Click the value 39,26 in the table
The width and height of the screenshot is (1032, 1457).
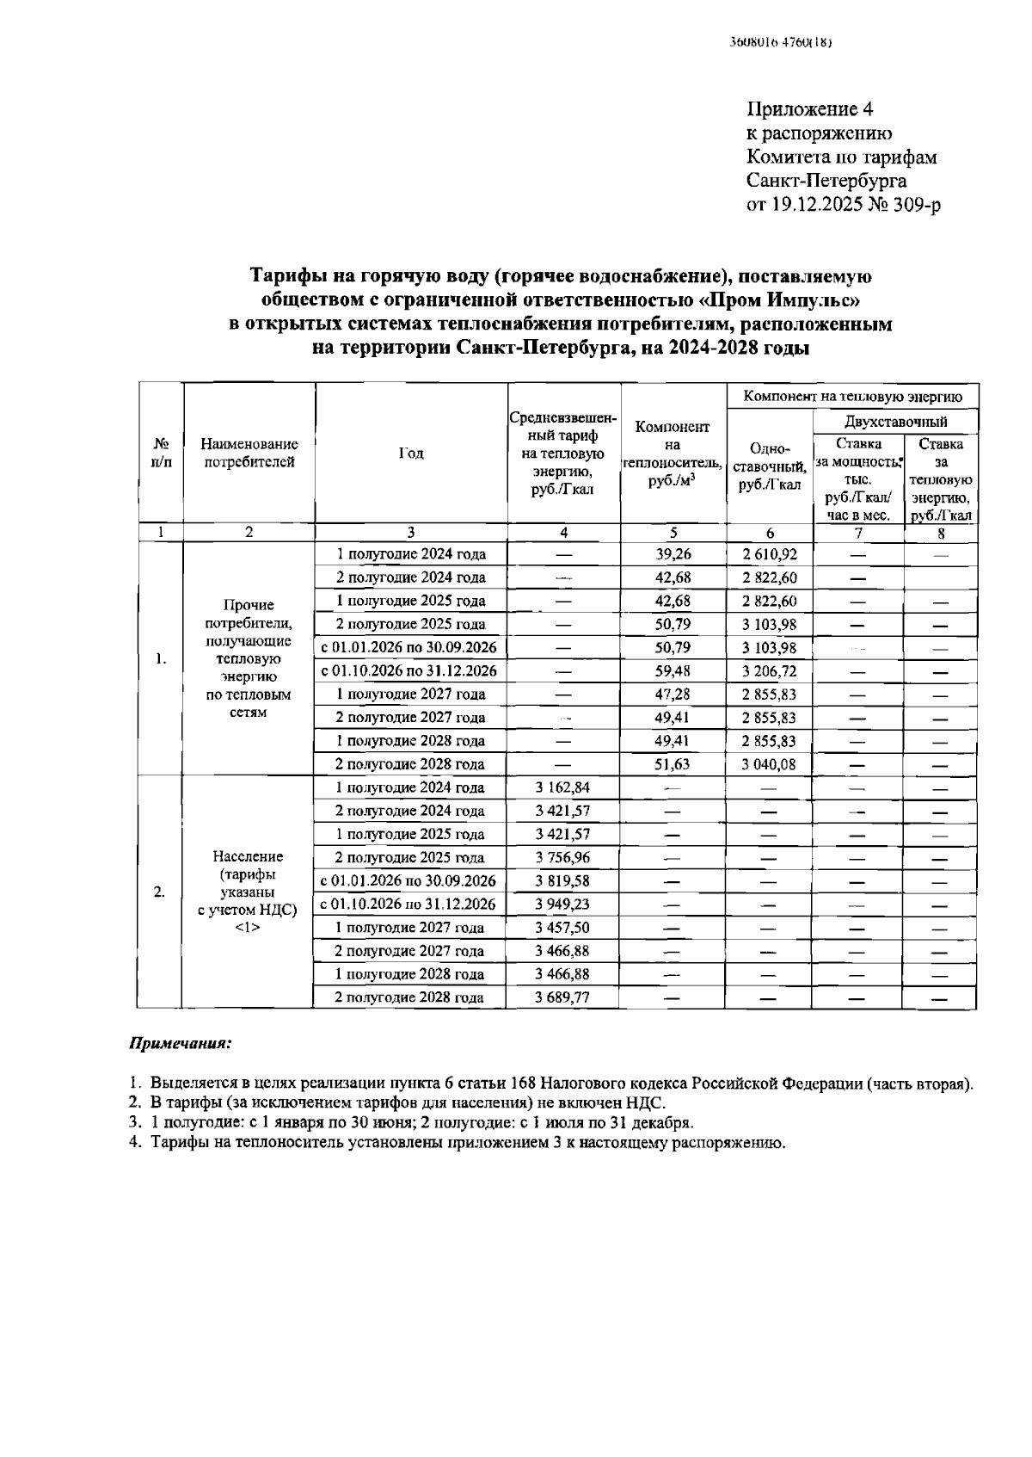(673, 554)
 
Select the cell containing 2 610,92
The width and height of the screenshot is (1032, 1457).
(769, 554)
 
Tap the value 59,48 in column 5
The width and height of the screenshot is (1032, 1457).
(673, 671)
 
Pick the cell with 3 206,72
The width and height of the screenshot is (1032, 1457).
(769, 671)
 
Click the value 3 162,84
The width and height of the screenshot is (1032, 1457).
(562, 787)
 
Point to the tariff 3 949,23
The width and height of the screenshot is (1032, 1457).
(562, 904)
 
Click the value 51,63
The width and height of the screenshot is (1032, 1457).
(673, 764)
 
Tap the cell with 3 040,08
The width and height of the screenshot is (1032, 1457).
(769, 764)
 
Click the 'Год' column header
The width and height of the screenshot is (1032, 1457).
(411, 454)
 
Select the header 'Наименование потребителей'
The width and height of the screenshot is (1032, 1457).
(249, 454)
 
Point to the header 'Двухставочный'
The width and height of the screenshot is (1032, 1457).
(895, 422)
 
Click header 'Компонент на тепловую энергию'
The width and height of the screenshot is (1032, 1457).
(851, 397)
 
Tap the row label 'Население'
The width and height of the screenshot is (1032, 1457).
(248, 857)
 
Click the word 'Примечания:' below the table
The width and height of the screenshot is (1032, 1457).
(180, 1043)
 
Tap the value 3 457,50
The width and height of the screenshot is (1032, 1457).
(562, 928)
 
